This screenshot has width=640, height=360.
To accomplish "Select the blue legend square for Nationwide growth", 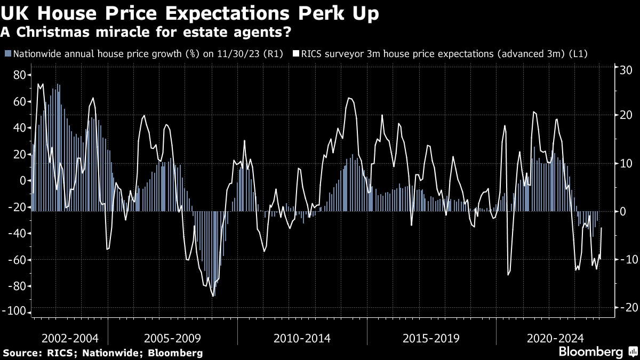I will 7,54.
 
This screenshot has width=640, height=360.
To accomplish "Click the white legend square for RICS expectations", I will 295,54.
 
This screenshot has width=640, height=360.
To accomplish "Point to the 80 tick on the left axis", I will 19,75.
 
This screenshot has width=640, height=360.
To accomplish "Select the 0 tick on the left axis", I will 23,181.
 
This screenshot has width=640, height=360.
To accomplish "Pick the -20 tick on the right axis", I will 623,308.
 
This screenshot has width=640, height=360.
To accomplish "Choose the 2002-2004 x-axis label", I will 69,338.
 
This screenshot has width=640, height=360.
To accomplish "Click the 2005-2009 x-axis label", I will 172,338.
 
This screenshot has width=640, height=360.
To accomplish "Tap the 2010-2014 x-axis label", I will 302,338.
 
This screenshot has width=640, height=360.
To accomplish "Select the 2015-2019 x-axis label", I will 431,338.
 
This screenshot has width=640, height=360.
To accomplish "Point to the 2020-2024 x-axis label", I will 555,338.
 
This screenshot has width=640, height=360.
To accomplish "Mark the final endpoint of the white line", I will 602,228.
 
